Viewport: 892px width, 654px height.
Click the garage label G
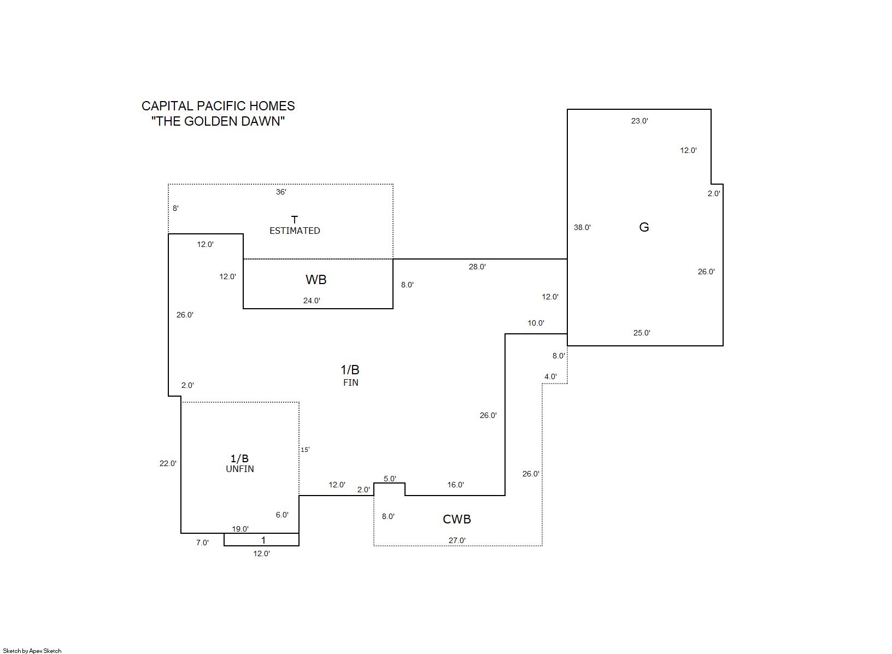tap(644, 227)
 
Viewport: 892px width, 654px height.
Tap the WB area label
tap(316, 280)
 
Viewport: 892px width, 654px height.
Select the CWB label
tap(457, 519)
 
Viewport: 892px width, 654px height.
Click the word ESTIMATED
tap(295, 231)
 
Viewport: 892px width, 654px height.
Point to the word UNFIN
tap(240, 469)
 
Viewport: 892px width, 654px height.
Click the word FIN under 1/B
tap(351, 382)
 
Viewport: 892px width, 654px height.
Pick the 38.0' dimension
tap(582, 227)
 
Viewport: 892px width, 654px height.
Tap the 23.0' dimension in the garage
tap(639, 121)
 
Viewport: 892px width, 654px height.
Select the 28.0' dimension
tap(477, 267)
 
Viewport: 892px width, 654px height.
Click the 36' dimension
tap(281, 192)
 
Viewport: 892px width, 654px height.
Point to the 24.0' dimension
tap(312, 301)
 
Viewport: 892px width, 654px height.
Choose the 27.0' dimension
tap(457, 540)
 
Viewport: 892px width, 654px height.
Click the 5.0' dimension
tap(390, 479)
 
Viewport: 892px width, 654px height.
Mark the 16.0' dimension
tap(455, 485)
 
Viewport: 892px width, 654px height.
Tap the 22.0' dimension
tap(168, 463)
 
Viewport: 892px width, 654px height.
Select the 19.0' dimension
tap(240, 529)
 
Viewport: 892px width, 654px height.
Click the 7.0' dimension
tap(202, 543)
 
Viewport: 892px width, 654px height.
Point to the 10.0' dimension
tap(536, 323)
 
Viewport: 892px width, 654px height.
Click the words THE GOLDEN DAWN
tap(218, 121)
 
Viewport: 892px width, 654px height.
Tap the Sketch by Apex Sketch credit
tap(32, 651)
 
